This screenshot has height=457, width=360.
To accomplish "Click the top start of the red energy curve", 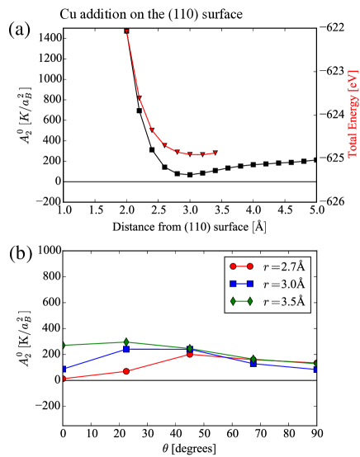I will (126, 31).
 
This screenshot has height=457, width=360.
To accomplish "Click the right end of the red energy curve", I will (216, 152).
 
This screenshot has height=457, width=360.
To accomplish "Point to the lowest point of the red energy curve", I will (196, 154).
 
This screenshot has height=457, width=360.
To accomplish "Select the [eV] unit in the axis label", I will (353, 81).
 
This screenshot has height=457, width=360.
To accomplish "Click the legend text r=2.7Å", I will (284, 266).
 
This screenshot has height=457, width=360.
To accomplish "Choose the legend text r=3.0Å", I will (284, 284).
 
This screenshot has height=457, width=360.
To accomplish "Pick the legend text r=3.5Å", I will (284, 301).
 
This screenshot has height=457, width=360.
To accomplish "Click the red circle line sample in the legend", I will (241, 266).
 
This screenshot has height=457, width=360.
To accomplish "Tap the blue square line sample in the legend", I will (241, 284).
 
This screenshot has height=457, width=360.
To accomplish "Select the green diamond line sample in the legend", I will (241, 301).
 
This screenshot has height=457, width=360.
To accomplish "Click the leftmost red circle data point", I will (64, 379).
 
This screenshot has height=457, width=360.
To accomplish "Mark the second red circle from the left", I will (126, 371).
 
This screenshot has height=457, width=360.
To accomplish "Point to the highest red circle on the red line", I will (190, 354).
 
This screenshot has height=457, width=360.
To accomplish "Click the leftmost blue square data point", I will (64, 369).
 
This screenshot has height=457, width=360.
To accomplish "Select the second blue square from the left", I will (126, 349).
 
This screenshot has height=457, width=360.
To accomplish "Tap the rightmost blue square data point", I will (315, 370).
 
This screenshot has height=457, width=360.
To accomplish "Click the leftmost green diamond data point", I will (64, 345).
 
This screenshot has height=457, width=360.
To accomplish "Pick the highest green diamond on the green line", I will (126, 342).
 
